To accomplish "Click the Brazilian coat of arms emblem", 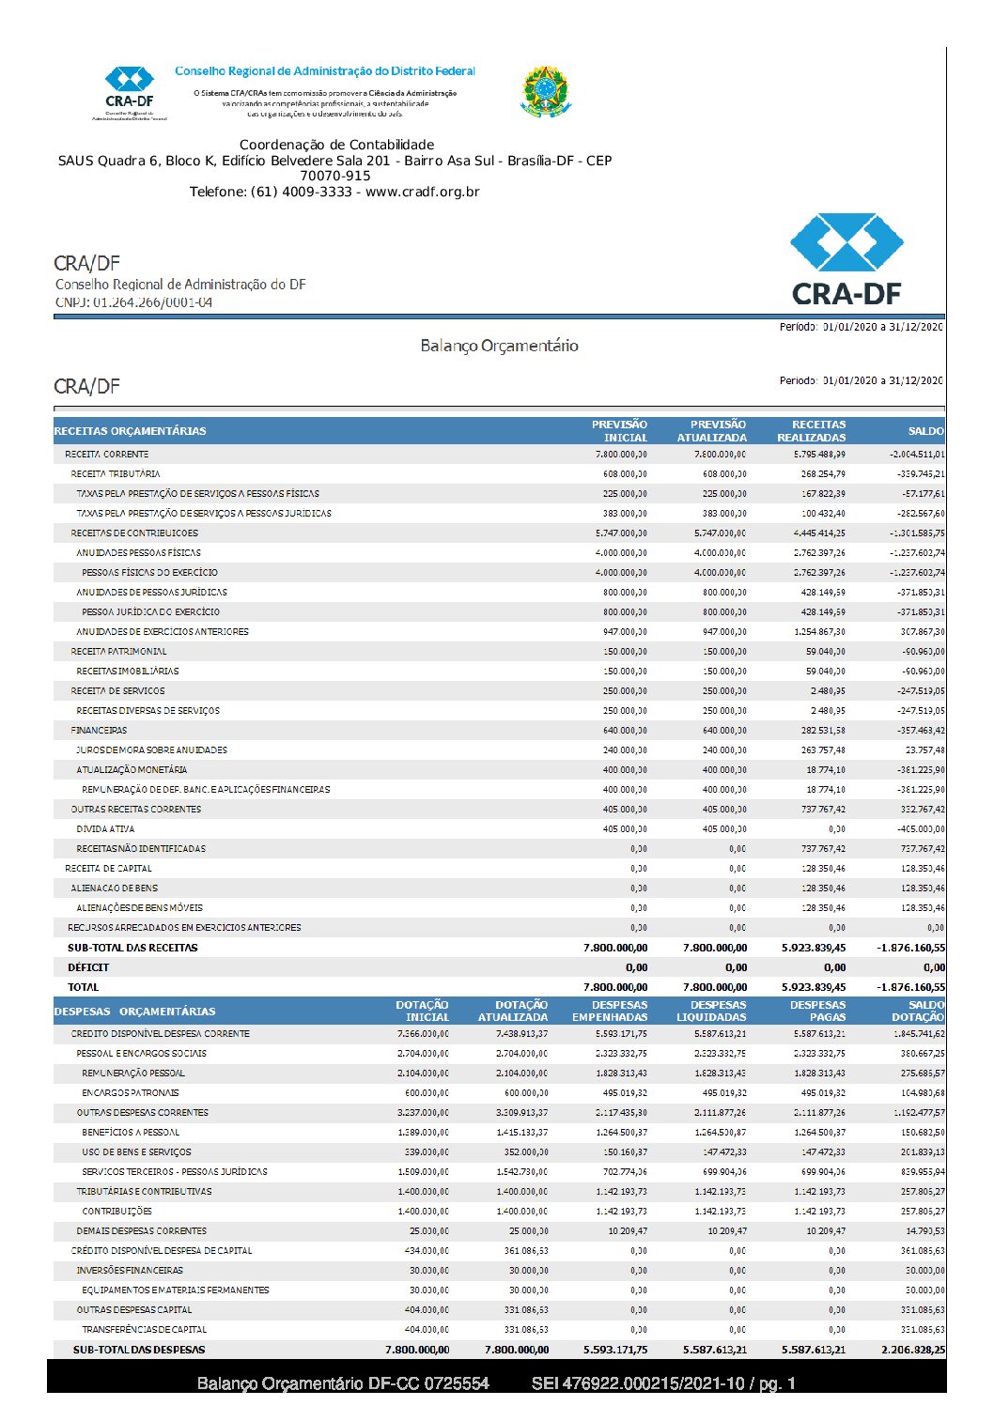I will (x=545, y=91).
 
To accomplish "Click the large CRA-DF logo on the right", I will (x=846, y=259).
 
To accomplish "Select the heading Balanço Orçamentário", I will (x=499, y=346).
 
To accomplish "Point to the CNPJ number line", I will (x=133, y=302).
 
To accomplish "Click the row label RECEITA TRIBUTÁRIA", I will (x=116, y=474).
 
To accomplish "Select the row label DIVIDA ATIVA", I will (x=105, y=829).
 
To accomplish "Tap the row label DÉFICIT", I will (x=88, y=967).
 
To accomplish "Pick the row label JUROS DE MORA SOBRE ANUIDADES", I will (x=152, y=750).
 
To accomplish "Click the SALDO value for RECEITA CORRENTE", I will (x=917, y=455).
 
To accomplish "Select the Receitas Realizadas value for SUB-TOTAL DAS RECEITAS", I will (x=814, y=948).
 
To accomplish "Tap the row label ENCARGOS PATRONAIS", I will (x=131, y=1093).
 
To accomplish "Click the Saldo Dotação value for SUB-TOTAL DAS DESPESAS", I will (x=913, y=1350).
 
